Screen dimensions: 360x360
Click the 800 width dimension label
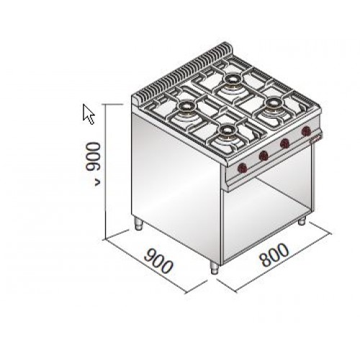[274, 256]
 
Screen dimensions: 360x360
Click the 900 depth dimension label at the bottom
[158, 261]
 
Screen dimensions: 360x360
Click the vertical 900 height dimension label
[92, 157]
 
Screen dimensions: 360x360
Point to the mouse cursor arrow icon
[89, 114]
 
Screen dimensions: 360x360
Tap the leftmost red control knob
[243, 168]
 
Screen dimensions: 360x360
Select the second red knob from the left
[264, 156]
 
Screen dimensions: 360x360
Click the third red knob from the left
[285, 143]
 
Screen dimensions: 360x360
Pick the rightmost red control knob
[306, 131]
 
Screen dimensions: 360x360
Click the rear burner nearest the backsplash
[232, 79]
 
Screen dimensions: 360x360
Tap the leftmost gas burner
[185, 106]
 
